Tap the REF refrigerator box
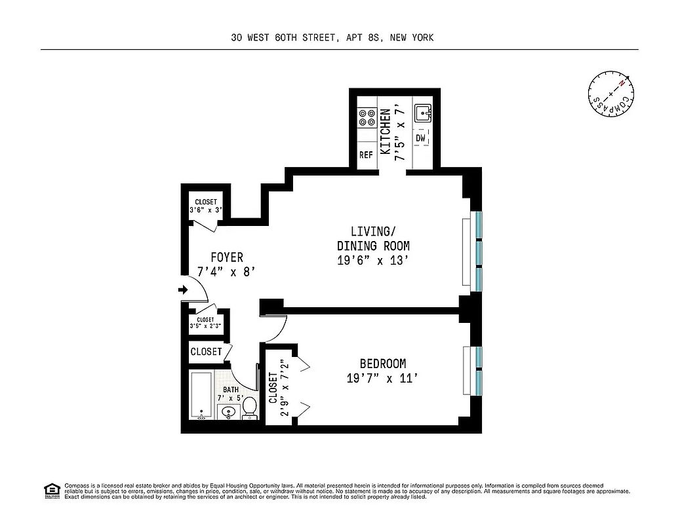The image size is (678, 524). pyautogui.click(x=366, y=155)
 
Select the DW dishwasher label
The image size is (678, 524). pyautogui.click(x=420, y=138)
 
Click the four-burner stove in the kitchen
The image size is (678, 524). pyautogui.click(x=366, y=118)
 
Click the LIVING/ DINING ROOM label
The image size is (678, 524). pyautogui.click(x=373, y=238)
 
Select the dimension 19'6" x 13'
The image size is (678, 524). pyautogui.click(x=373, y=260)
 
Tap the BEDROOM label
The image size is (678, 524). pyautogui.click(x=382, y=364)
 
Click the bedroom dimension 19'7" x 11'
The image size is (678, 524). pyautogui.click(x=382, y=378)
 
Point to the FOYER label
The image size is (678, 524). pyautogui.click(x=227, y=257)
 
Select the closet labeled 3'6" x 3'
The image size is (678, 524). pyautogui.click(x=205, y=206)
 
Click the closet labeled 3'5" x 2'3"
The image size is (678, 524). pyautogui.click(x=205, y=323)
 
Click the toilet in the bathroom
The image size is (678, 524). pyautogui.click(x=249, y=407)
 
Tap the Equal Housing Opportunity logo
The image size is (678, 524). pyautogui.click(x=50, y=489)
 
